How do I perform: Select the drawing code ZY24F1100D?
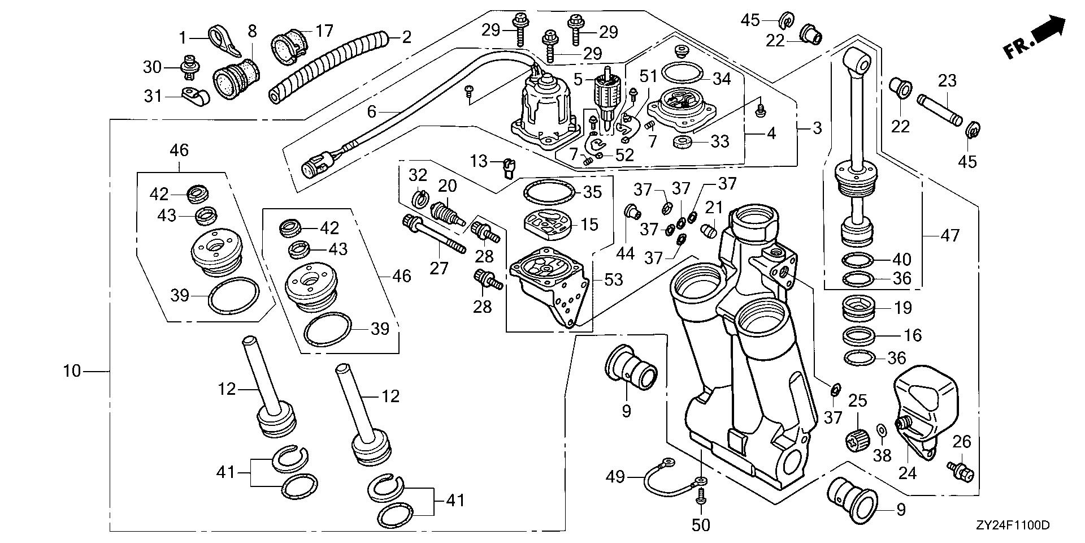[x=1012, y=526]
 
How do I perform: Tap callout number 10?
[x=72, y=372]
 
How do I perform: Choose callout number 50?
[x=701, y=525]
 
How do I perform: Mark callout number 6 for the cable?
[x=371, y=112]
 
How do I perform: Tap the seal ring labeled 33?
[x=683, y=141]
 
